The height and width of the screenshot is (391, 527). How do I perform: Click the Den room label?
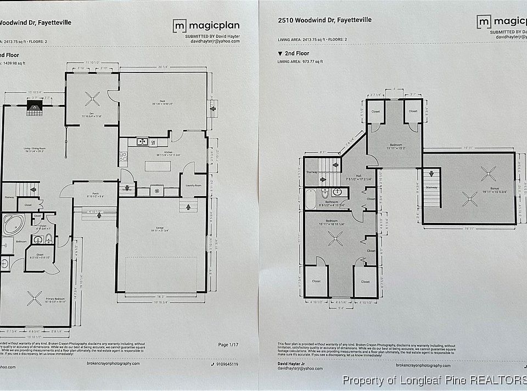92,114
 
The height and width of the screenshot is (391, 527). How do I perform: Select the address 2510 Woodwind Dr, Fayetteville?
324,20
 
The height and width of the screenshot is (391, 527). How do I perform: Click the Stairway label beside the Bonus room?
431,187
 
